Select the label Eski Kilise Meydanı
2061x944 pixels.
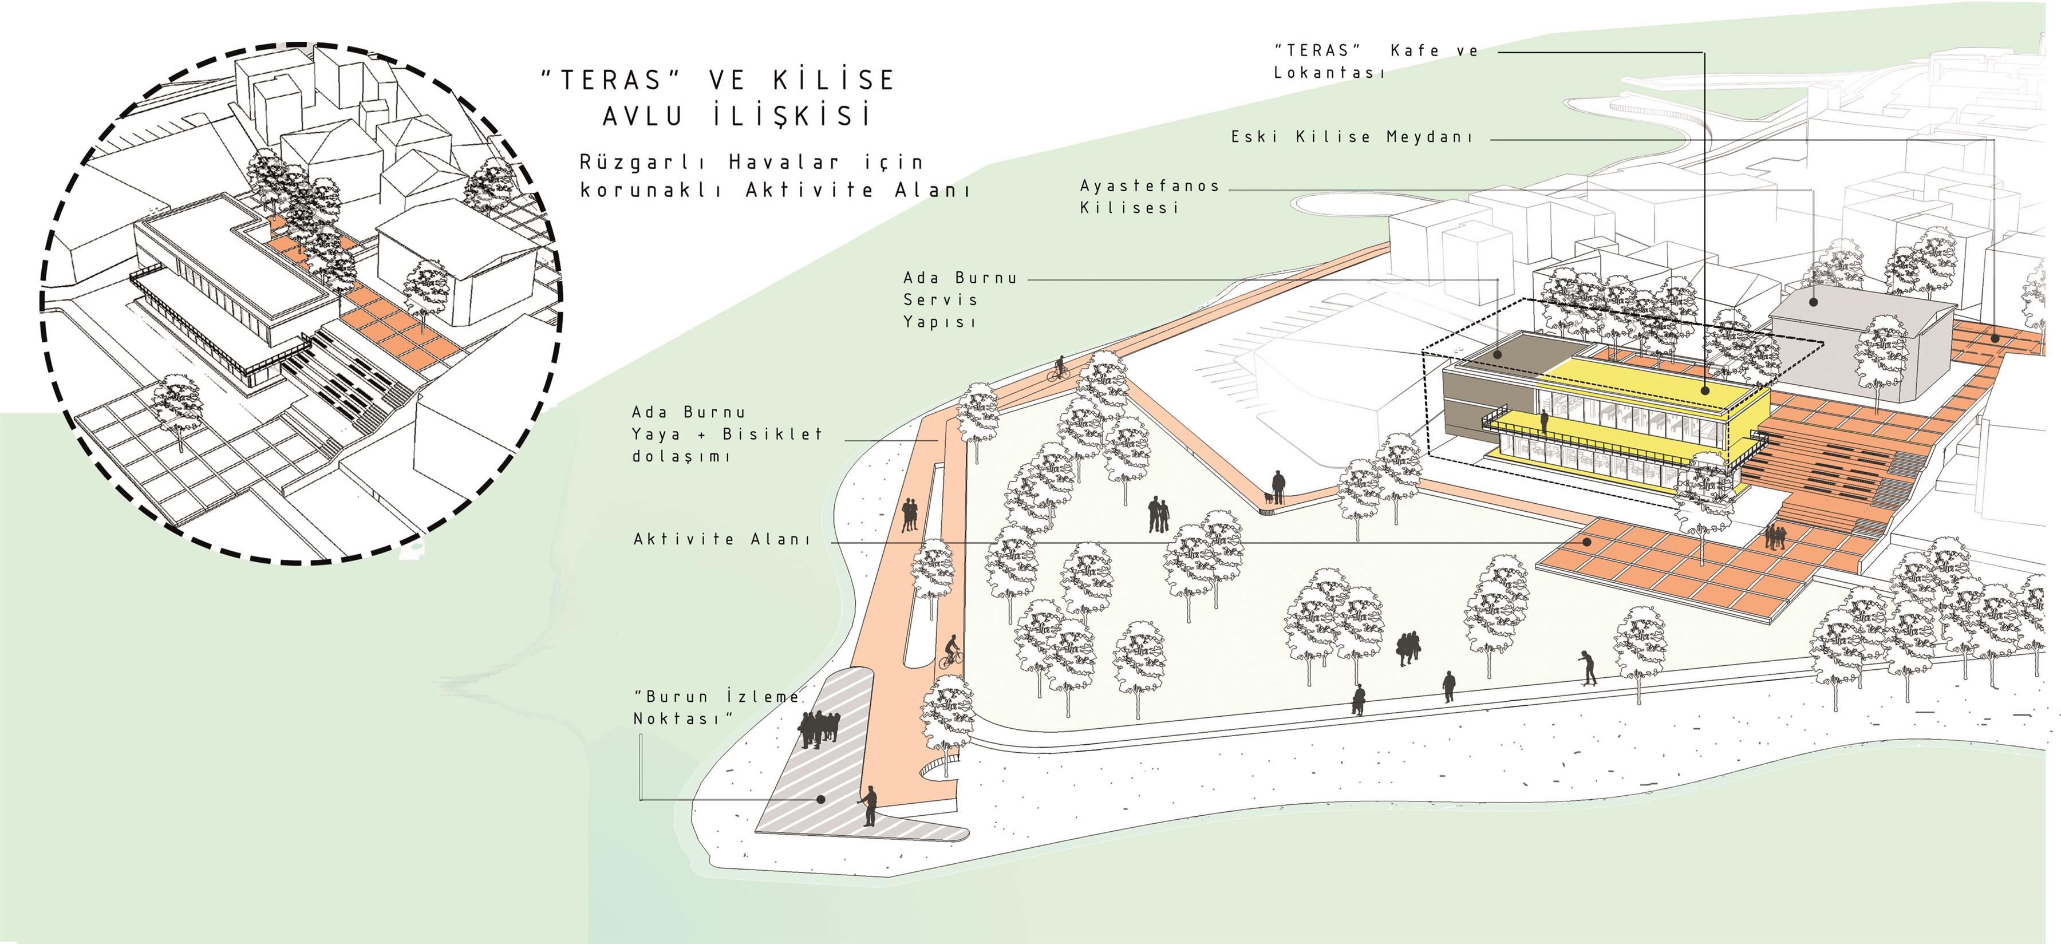click(1351, 137)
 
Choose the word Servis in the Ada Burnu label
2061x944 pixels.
click(940, 300)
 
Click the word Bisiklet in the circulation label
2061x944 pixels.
click(772, 435)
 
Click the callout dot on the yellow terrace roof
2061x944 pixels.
click(1704, 390)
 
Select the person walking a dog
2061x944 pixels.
click(1274, 488)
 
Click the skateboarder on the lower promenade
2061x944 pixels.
click(1588, 669)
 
